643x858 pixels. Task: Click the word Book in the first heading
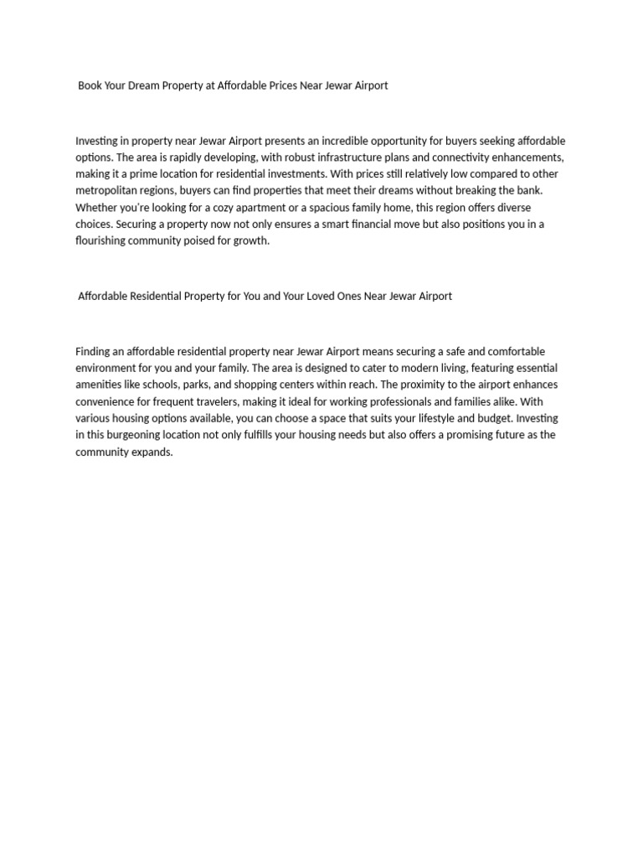click(x=90, y=85)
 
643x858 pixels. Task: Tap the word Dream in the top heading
click(x=147, y=85)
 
